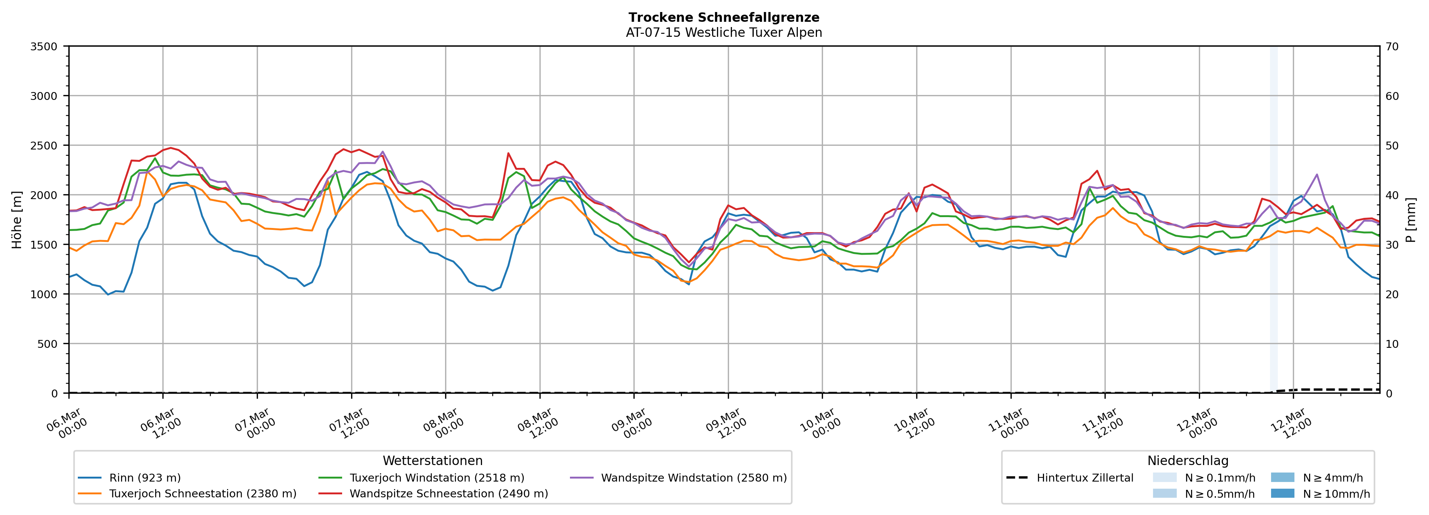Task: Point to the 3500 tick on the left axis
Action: point(44,47)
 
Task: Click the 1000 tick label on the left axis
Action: point(44,295)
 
